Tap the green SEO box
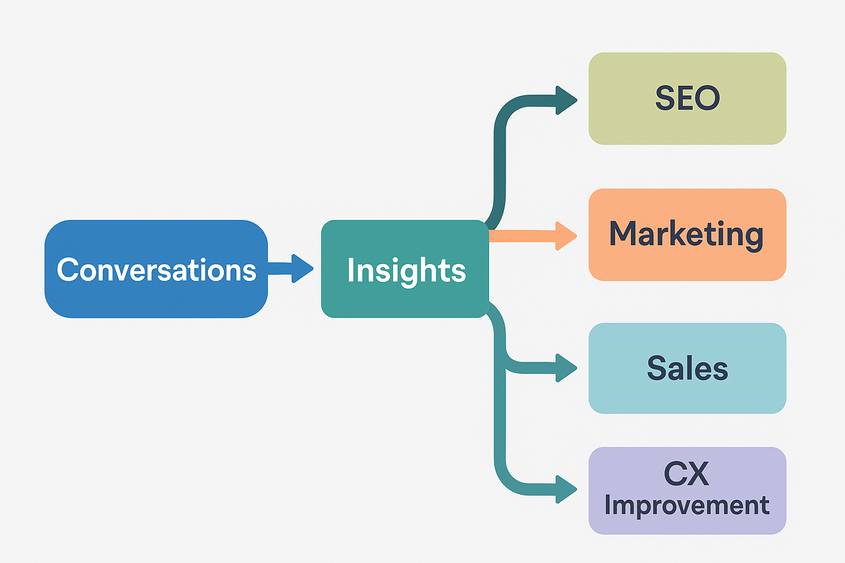(687, 124)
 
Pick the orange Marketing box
(687, 261)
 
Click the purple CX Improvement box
(687, 522)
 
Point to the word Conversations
(157, 270)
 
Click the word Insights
(407, 271)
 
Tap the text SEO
(687, 98)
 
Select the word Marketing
(686, 234)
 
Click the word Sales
(687, 368)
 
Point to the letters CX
(686, 473)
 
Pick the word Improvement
(687, 505)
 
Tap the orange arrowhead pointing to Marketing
(566, 236)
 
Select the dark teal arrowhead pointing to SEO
(566, 101)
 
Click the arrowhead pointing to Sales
(566, 368)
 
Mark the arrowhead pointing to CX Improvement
(566, 489)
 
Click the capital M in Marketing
(623, 233)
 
